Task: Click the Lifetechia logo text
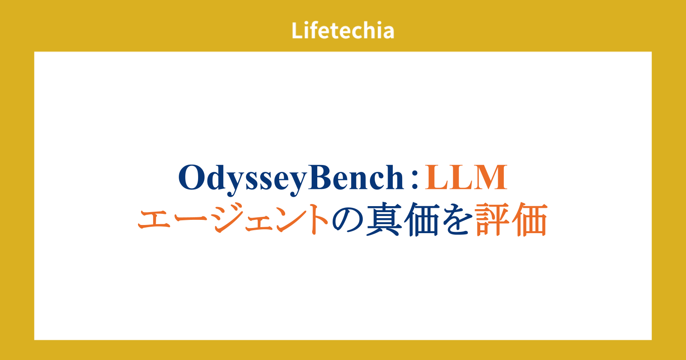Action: point(343,30)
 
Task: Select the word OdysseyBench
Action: point(291,180)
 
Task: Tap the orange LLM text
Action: point(466,177)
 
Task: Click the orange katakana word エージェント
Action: point(233,219)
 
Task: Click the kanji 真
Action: point(384,219)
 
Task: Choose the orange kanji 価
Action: point(530,219)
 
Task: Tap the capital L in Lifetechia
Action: point(298,30)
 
